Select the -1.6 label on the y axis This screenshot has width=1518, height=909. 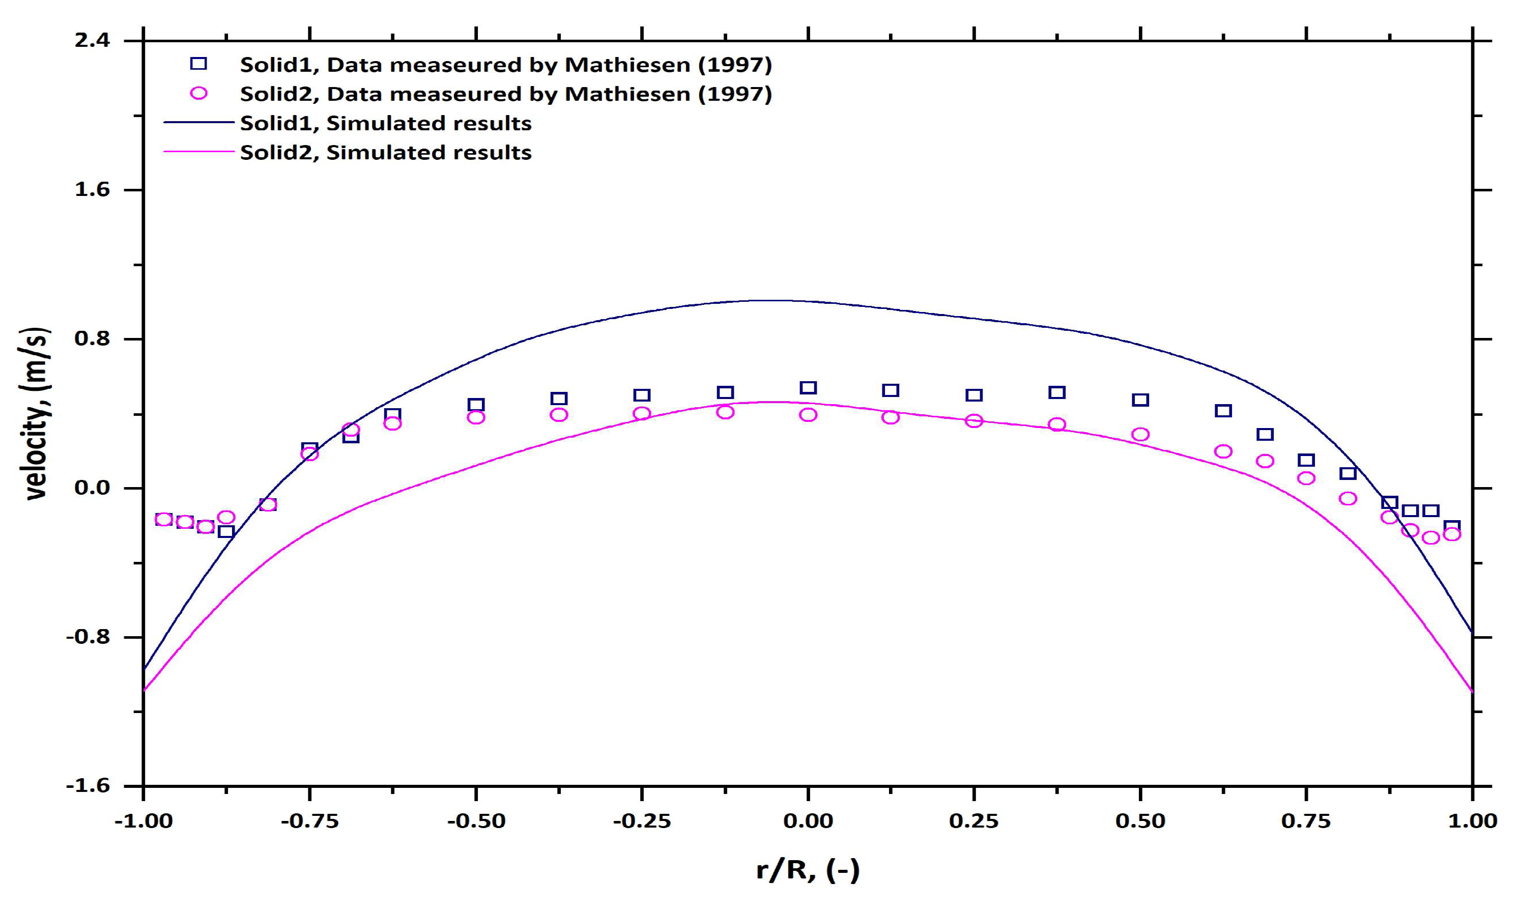click(88, 785)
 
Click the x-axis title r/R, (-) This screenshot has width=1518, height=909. click(808, 870)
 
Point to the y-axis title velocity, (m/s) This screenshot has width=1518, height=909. click(36, 414)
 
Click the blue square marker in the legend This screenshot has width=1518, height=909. click(198, 64)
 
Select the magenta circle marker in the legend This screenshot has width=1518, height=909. click(198, 93)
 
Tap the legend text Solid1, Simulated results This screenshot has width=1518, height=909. click(386, 123)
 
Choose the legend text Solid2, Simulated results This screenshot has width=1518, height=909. click(386, 153)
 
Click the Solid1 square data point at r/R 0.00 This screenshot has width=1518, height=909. click(808, 388)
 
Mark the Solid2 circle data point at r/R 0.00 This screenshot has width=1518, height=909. click(808, 415)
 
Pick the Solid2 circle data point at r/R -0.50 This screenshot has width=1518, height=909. click(476, 417)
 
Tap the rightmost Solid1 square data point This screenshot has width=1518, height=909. click(1452, 526)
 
